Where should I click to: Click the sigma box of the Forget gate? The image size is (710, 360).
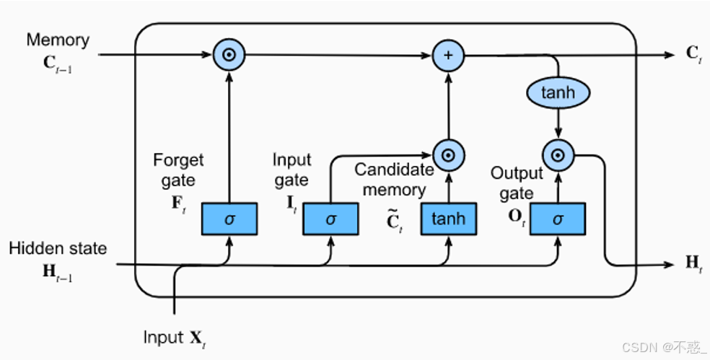coord(229,219)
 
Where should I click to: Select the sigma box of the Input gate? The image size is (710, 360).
coord(330,219)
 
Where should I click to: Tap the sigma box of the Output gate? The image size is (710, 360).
coord(557,219)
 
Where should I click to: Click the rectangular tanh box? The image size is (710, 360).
coord(448,219)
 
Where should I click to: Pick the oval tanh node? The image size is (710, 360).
coord(557,92)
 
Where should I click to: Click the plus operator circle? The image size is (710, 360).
coord(447,55)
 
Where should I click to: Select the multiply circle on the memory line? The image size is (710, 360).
coord(229,55)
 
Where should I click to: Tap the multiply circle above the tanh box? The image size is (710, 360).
coord(447,154)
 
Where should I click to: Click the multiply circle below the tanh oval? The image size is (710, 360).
coord(557,154)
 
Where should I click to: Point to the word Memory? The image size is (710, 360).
coord(58,40)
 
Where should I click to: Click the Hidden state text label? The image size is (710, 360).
coord(58,248)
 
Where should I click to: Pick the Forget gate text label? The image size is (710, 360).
coord(178,170)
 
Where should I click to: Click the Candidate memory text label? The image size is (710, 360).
coord(394,180)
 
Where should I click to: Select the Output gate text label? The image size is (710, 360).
coord(517,183)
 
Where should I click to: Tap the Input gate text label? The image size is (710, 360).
coord(292,170)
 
